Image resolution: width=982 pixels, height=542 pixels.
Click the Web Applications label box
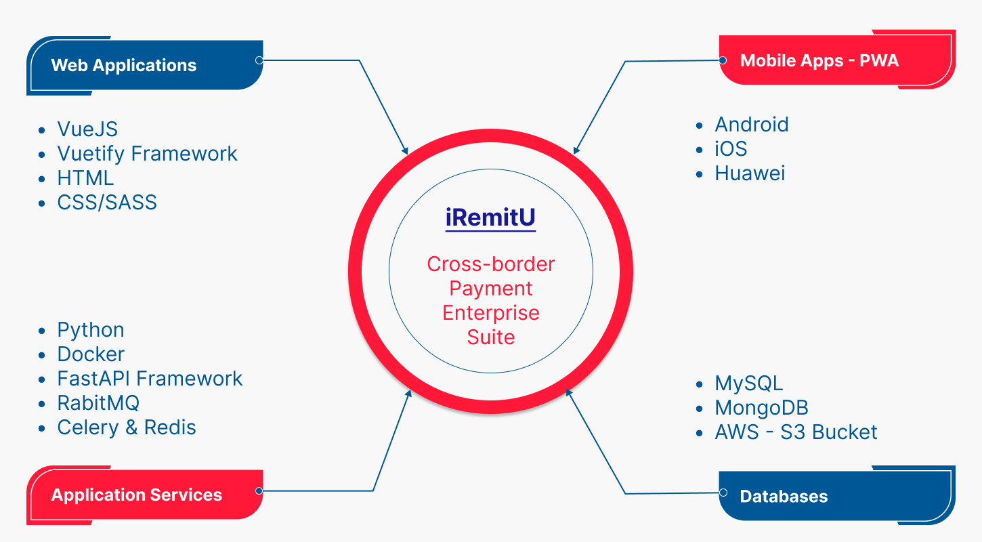coord(144,66)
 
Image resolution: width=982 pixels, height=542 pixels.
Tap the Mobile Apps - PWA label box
coord(837,61)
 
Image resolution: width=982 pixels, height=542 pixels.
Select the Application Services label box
coord(144,495)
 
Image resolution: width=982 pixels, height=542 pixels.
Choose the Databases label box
coord(837,496)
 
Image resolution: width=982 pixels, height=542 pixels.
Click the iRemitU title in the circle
coord(490,218)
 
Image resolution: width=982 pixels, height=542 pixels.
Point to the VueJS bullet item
coord(87,129)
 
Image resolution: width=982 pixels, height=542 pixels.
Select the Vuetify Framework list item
coord(147,154)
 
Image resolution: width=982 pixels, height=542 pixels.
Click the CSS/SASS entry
coord(107,203)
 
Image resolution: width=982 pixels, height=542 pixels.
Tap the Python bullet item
coord(91,330)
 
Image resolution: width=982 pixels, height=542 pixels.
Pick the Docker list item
coord(91,354)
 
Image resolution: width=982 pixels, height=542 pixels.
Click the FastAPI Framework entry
coord(150,379)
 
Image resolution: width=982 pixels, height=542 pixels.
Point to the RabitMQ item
coord(98,403)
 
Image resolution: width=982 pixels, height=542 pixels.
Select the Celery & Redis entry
coord(127,428)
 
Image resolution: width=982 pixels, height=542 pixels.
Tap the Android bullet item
coord(752,125)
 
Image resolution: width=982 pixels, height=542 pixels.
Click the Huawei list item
coord(750,173)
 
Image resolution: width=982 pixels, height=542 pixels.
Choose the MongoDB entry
coord(761,408)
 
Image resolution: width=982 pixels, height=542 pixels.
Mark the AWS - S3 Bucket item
coord(796,432)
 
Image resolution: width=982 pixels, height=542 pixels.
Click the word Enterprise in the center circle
coord(491,313)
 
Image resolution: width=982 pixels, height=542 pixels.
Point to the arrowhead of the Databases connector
coord(569,392)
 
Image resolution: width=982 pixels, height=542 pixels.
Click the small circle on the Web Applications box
coord(259,60)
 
